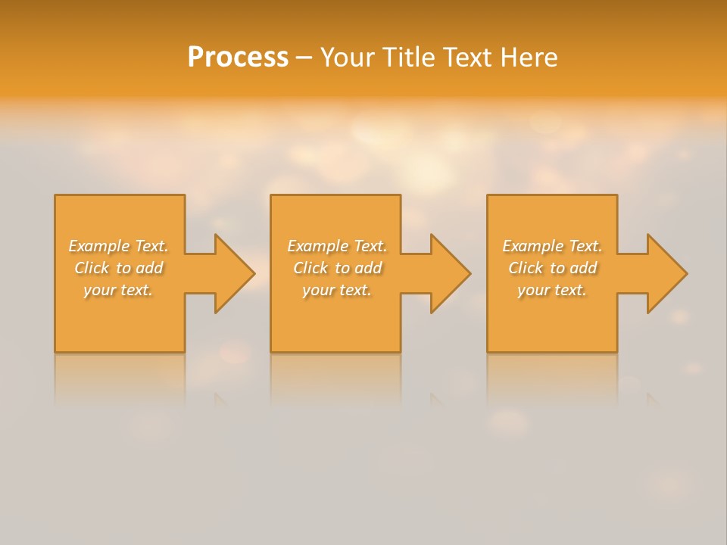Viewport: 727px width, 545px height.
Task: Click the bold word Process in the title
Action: coord(238,58)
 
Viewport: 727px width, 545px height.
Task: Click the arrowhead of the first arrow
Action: coord(234,273)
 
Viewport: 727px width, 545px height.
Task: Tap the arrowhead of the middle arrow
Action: coord(451,273)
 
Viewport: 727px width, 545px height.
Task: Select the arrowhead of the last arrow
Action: coord(667,273)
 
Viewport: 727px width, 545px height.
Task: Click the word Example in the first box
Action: coord(99,246)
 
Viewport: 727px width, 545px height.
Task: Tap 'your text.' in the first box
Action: coord(118,290)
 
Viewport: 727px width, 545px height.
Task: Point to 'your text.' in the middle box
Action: coord(337,290)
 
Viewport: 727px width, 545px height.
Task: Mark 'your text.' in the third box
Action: coord(552,290)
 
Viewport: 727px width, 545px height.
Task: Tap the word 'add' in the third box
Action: coord(583,268)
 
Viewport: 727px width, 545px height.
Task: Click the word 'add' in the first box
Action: coord(149,268)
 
